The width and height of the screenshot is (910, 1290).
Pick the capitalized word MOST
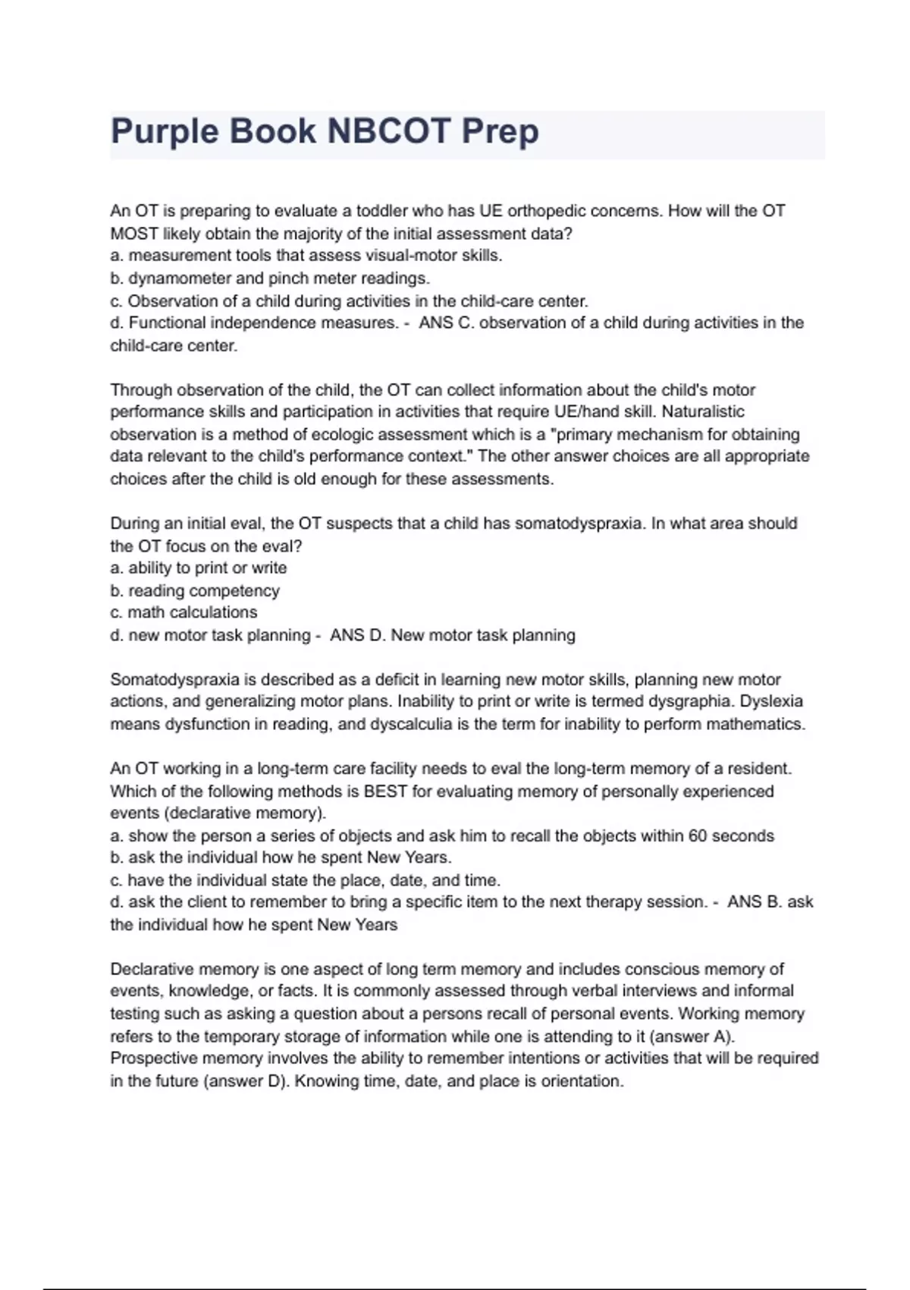tap(134, 234)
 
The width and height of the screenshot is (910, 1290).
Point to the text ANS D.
tap(357, 635)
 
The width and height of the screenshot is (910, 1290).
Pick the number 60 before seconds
tap(698, 836)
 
